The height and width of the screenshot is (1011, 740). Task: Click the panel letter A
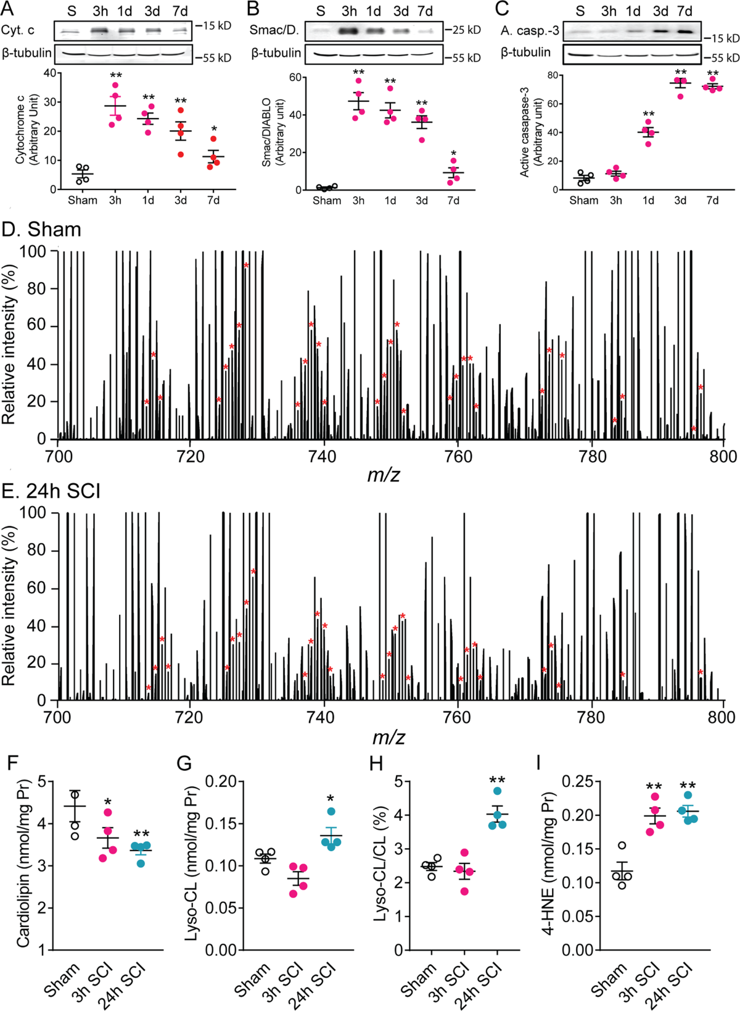pos(8,9)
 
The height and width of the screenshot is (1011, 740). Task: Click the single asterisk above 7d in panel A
pos(213,129)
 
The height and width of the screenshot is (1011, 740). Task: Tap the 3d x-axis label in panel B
pos(422,201)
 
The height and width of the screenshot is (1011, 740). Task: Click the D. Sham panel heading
pos(41,230)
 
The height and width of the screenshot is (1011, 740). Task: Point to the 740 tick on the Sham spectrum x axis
pos(323,457)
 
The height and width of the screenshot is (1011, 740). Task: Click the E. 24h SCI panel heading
pos(51,491)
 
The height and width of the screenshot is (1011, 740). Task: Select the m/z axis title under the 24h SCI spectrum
pos(388,738)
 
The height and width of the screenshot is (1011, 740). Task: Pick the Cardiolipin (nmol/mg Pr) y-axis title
pos(23,865)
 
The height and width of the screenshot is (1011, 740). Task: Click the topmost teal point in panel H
pos(497,792)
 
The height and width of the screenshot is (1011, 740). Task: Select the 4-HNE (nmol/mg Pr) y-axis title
pos(548,865)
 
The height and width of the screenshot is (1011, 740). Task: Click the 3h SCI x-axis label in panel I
pos(643,983)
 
